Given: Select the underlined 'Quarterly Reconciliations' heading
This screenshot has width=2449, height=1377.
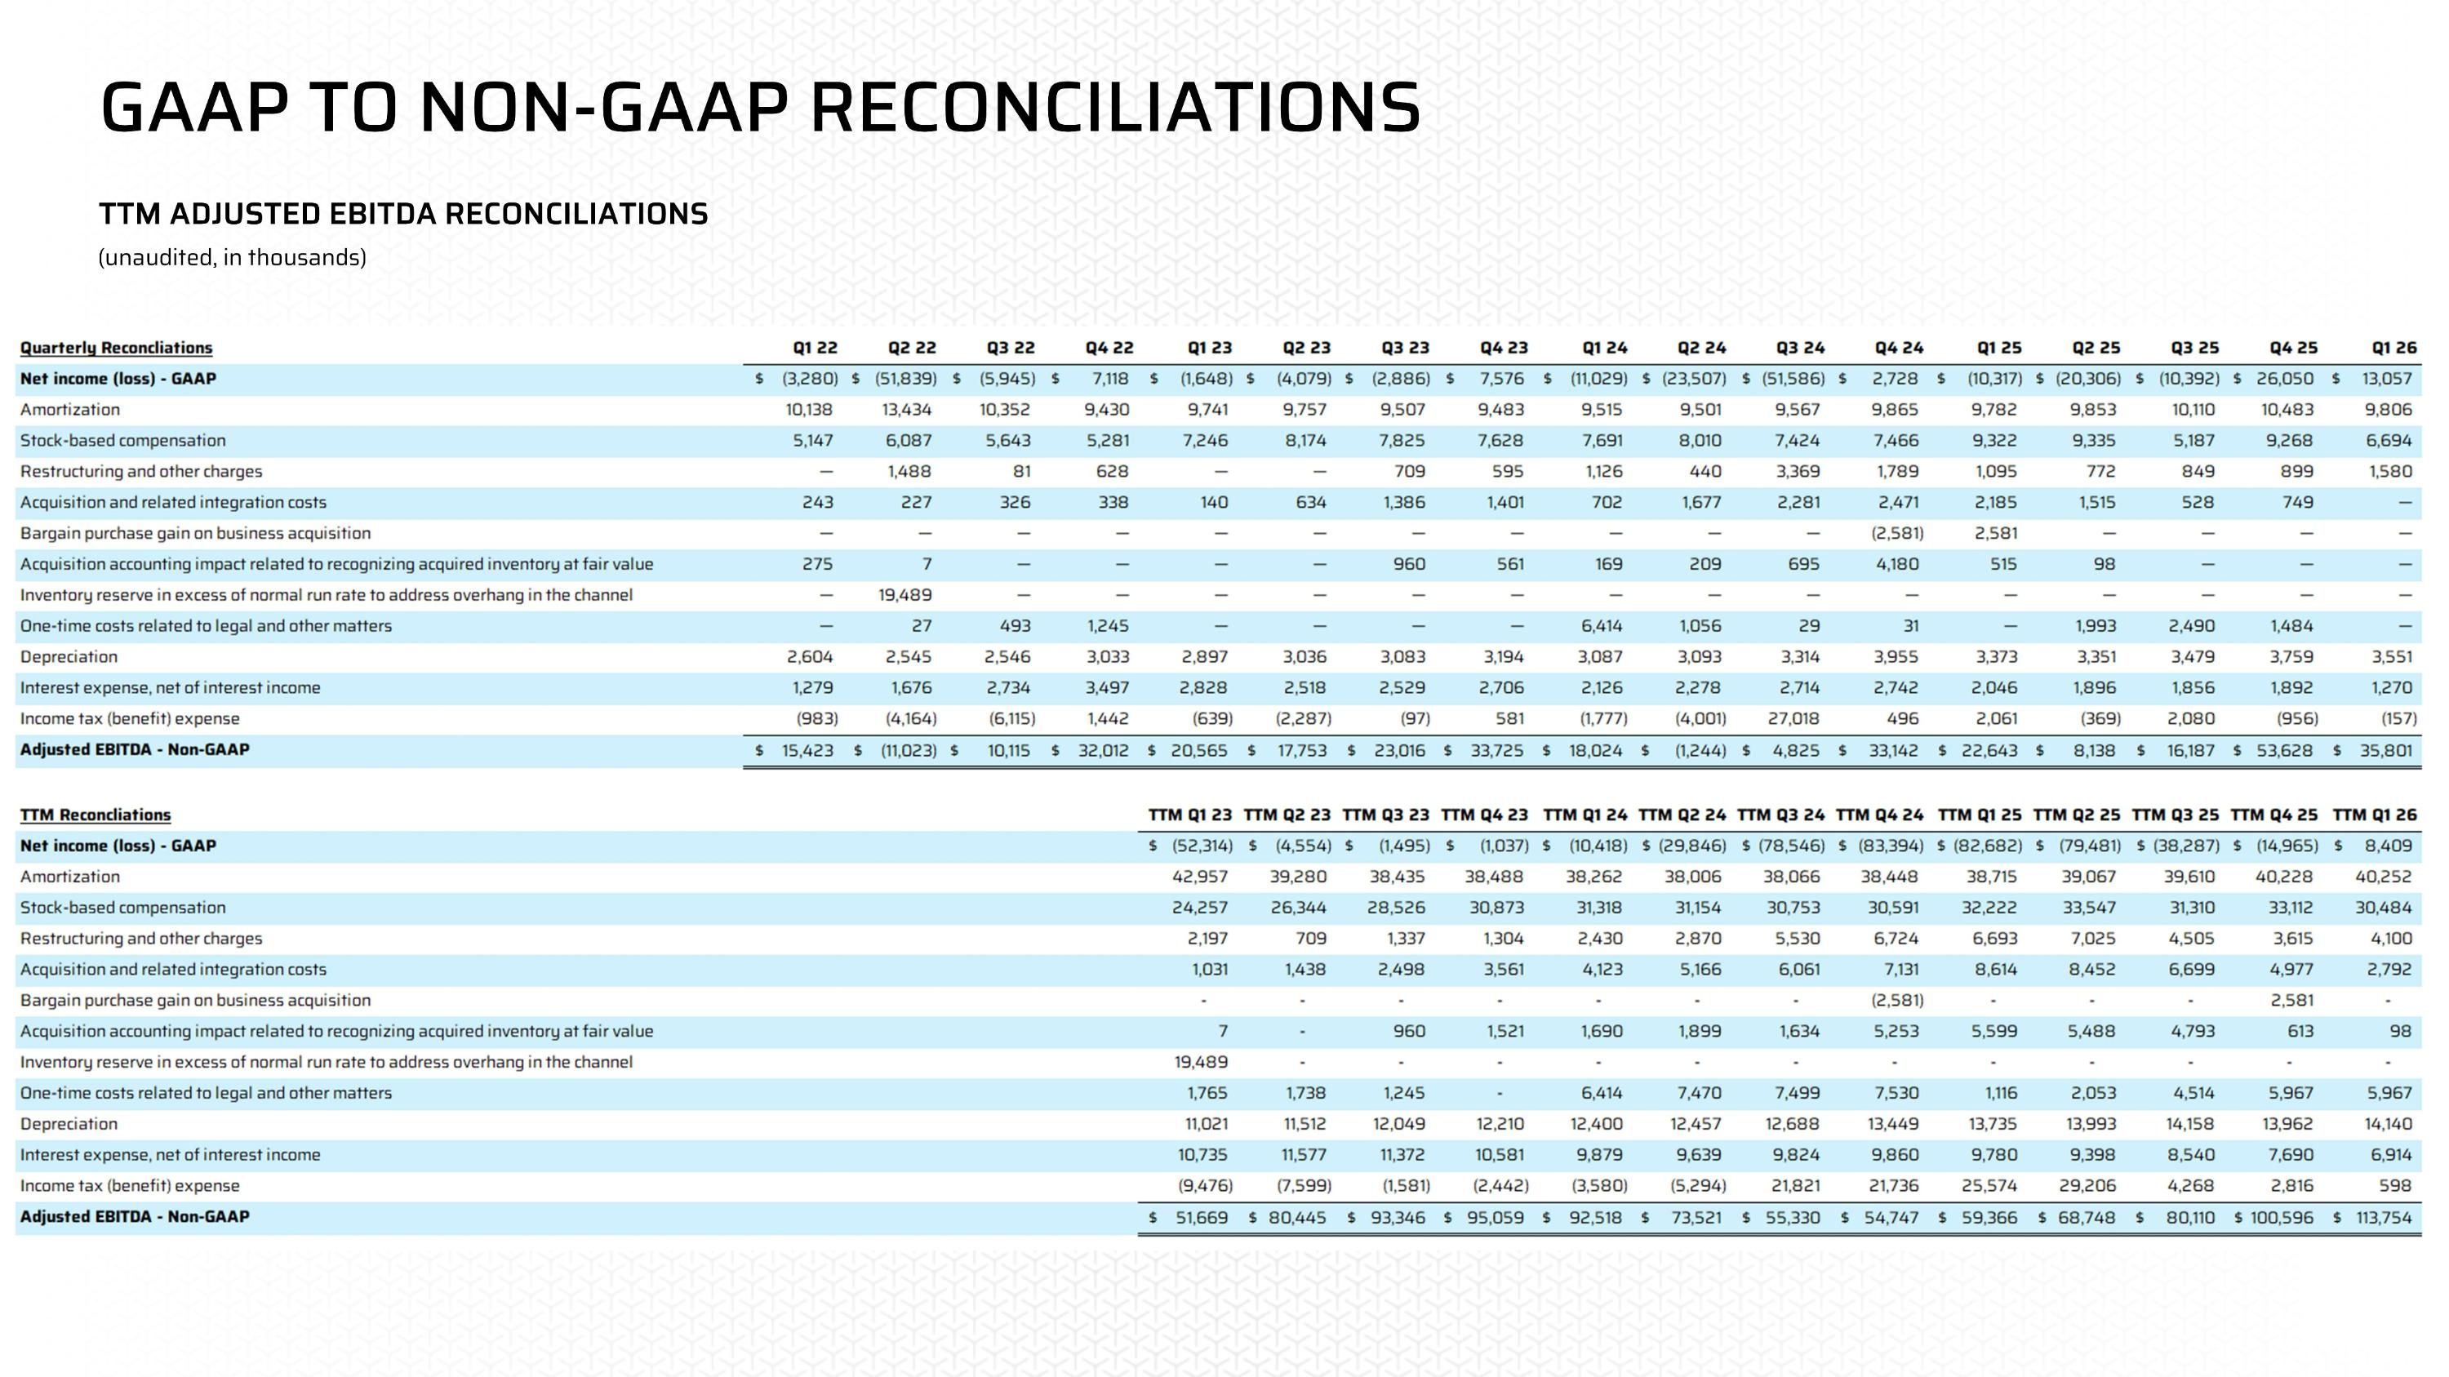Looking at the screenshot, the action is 116,348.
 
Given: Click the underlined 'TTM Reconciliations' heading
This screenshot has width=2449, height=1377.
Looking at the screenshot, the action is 95,815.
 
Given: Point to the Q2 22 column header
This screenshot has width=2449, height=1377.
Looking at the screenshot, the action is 912,348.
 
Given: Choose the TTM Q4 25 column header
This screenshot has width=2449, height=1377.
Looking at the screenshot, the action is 2273,815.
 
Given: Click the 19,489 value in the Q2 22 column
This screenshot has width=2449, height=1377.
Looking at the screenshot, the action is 905,595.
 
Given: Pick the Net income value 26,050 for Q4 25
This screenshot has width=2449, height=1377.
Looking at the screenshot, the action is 2285,378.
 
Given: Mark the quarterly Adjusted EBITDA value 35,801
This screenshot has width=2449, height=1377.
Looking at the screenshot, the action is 2385,750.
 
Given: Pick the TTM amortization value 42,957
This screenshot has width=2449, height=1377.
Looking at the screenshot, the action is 1200,876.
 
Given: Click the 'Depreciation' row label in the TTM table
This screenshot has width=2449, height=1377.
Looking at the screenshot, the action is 69,1123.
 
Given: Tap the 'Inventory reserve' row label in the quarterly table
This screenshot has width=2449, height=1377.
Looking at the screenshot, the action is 326,595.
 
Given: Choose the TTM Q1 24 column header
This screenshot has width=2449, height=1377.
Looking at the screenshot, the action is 1585,815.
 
